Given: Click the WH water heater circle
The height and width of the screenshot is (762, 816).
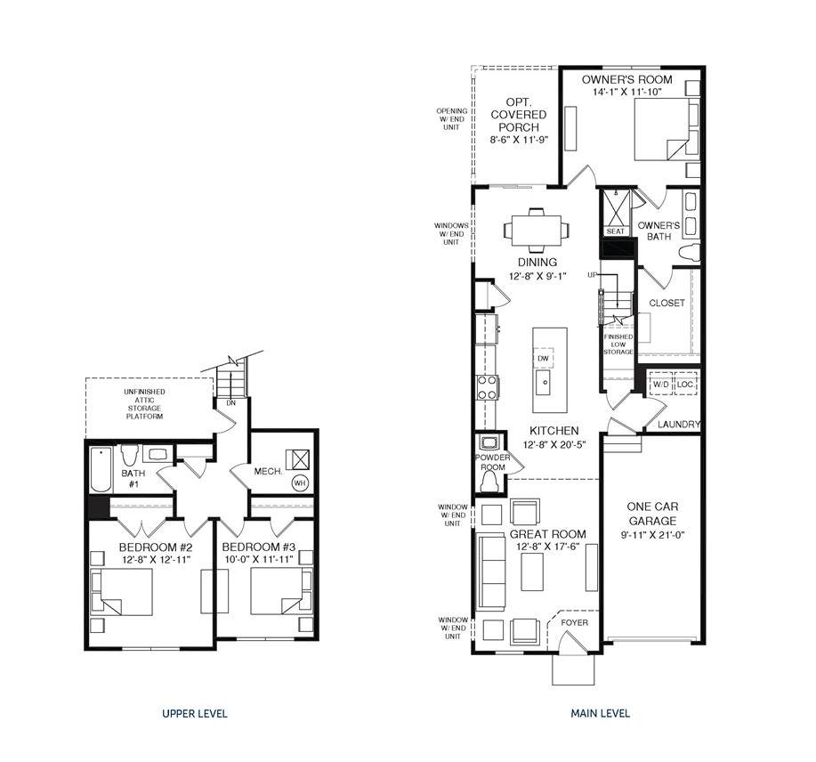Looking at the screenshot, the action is coord(299,483).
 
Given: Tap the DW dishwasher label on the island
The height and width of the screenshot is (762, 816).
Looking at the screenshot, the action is coord(543,358).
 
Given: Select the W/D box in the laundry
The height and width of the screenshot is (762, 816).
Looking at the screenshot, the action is coord(661,385).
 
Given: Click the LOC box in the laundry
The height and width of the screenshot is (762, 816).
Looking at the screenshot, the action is coord(685,385).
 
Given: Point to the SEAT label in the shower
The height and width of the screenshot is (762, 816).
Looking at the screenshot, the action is coord(615,231).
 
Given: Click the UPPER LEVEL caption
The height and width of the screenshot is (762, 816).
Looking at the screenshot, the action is coord(195,713).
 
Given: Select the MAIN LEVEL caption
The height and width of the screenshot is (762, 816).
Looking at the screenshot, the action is coord(601,713).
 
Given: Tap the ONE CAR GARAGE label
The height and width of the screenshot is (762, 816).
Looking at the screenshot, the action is coord(652,514).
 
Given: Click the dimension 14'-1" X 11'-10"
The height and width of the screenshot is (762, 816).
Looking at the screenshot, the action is coord(626,92).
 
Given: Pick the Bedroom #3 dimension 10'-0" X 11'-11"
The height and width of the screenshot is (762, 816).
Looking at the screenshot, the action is coord(259,560).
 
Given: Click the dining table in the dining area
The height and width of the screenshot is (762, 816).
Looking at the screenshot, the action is coord(537,230).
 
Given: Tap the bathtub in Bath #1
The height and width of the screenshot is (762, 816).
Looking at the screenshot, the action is coord(101,469).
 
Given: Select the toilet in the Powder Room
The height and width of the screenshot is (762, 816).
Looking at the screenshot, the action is coord(489,483).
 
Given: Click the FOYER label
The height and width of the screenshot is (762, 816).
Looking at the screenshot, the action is coord(575,622).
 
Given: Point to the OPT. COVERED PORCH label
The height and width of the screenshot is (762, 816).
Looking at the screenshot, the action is coord(519,115).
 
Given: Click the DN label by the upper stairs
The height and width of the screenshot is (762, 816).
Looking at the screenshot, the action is coord(231,403).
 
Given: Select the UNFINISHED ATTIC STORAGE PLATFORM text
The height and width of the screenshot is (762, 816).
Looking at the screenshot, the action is coord(145,404).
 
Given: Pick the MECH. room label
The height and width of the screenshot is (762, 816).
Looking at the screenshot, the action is coord(269,472).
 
